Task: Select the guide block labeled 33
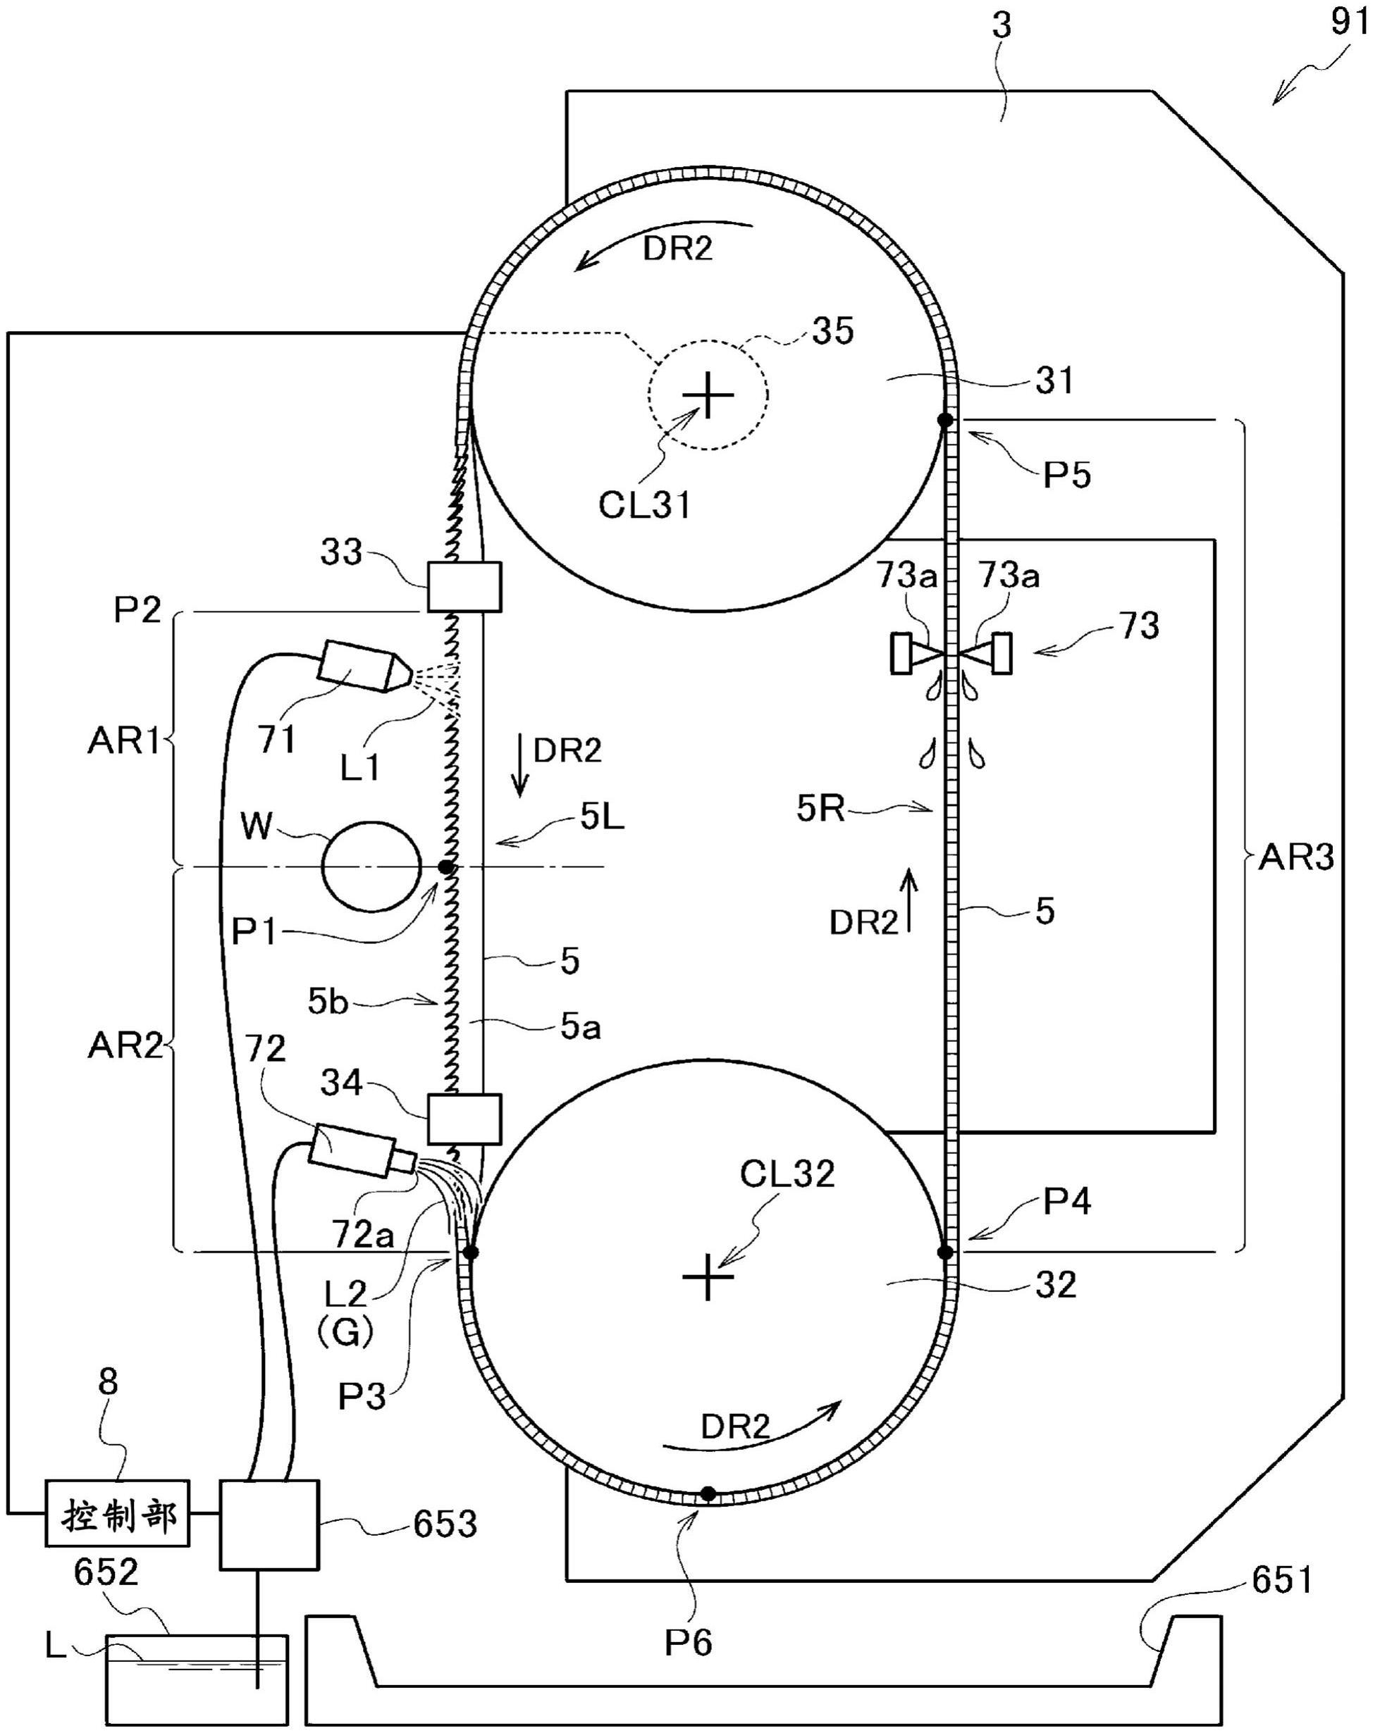464,587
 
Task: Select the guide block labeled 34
464,1119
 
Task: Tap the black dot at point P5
945,420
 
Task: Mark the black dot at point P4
945,1252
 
